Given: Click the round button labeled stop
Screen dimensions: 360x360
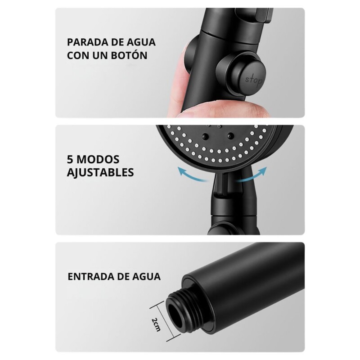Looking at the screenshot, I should tap(253, 80).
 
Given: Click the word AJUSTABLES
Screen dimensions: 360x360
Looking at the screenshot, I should tap(100, 172).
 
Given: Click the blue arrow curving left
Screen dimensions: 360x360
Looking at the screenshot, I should tap(191, 175).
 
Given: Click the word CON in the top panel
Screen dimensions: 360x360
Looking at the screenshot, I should tap(78, 55).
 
